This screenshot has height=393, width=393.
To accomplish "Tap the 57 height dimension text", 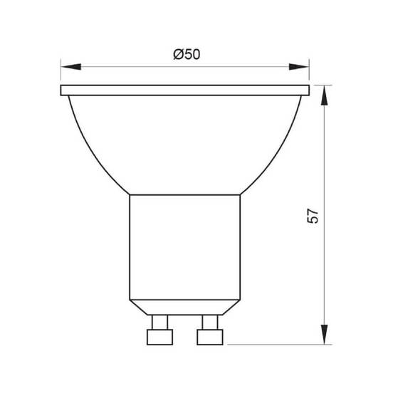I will pos(313,215).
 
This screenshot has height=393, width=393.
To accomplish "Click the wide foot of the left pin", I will pos(159,336).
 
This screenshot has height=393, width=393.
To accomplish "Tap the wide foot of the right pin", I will pos(210,336).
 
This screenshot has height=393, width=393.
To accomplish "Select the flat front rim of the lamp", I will pos(185,90).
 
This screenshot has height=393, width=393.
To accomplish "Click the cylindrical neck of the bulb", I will pos(185,242).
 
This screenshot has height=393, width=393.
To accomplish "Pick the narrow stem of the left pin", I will pos(159,320).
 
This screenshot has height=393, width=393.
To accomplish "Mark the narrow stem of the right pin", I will pos(210,320).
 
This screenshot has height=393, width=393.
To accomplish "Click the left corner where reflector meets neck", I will pos(129,195).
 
